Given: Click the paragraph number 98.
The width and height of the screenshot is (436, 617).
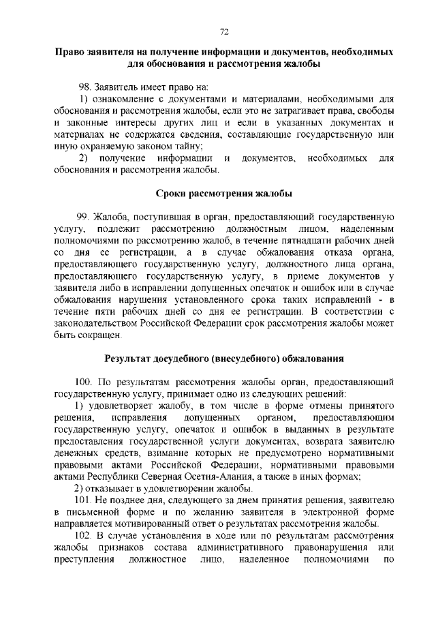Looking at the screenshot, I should pyautogui.click(x=84, y=87).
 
